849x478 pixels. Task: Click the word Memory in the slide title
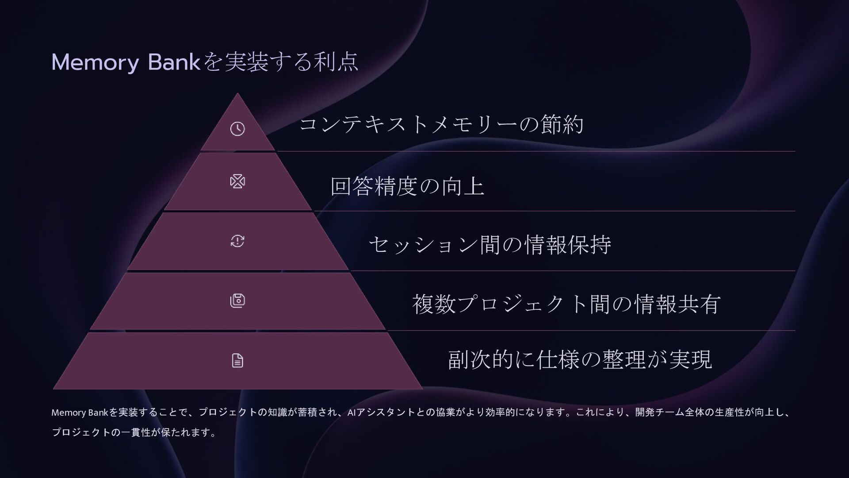tap(95, 63)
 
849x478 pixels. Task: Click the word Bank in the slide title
tap(174, 62)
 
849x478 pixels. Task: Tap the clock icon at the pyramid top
tap(237, 129)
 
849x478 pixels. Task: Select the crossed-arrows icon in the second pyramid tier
tap(237, 181)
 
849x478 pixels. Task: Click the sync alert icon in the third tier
tap(237, 241)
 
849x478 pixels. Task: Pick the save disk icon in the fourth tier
tap(237, 301)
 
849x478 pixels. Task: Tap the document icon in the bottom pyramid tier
tap(237, 361)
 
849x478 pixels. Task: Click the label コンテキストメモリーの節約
tap(441, 124)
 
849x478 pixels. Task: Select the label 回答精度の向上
tap(407, 186)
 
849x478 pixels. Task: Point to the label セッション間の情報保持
tap(490, 245)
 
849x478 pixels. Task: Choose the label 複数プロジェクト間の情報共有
tap(566, 304)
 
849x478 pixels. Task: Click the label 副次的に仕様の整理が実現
tap(580, 359)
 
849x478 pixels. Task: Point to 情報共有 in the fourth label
tap(677, 304)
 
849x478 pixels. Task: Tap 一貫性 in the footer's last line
tap(135, 432)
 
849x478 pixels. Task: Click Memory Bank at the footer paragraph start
tap(80, 413)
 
